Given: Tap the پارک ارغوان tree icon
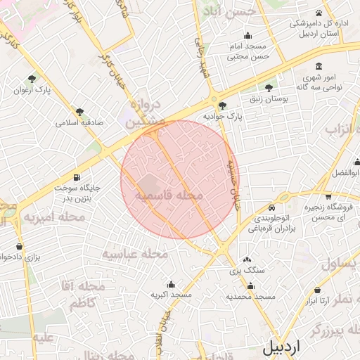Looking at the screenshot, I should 32,79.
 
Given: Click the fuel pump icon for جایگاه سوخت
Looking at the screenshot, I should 76,177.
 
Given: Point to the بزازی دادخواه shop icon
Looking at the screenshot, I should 19,247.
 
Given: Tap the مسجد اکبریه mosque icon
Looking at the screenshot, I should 171,283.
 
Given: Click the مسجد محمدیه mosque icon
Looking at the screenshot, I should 250,286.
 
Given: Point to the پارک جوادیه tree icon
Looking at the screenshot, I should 222,105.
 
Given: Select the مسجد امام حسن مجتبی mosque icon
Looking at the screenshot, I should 247,37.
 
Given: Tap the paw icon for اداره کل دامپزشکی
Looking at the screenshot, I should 319,13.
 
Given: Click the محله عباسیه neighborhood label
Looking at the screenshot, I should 134,253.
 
